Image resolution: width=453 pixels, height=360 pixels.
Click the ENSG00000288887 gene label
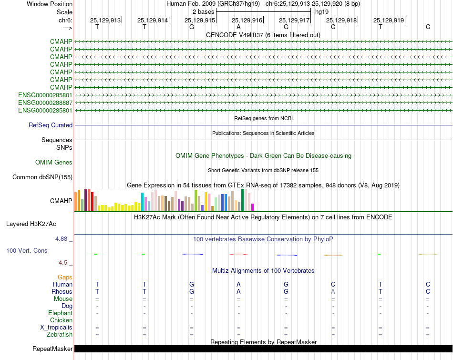tap(45, 103)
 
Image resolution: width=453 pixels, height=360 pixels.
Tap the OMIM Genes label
tap(54, 163)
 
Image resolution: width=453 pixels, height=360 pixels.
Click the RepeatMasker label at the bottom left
tap(52, 349)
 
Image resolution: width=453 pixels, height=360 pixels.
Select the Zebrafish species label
tap(60, 335)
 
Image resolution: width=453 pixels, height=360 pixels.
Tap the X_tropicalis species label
tap(56, 328)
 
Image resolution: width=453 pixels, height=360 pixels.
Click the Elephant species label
tap(60, 313)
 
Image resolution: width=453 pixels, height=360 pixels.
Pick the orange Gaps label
tap(65, 277)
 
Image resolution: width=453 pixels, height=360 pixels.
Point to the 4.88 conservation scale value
tap(63, 239)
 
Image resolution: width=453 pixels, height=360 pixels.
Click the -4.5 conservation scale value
tap(64, 262)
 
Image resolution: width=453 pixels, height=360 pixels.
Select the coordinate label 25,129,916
tap(247, 21)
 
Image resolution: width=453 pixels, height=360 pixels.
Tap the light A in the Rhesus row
tap(333, 291)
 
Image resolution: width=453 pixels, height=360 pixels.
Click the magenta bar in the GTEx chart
tap(253, 207)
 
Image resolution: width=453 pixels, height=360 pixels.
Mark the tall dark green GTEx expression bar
tap(243, 200)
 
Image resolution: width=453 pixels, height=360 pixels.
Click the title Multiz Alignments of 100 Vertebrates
tap(263, 271)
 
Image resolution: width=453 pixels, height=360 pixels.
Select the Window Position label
tap(50, 4)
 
